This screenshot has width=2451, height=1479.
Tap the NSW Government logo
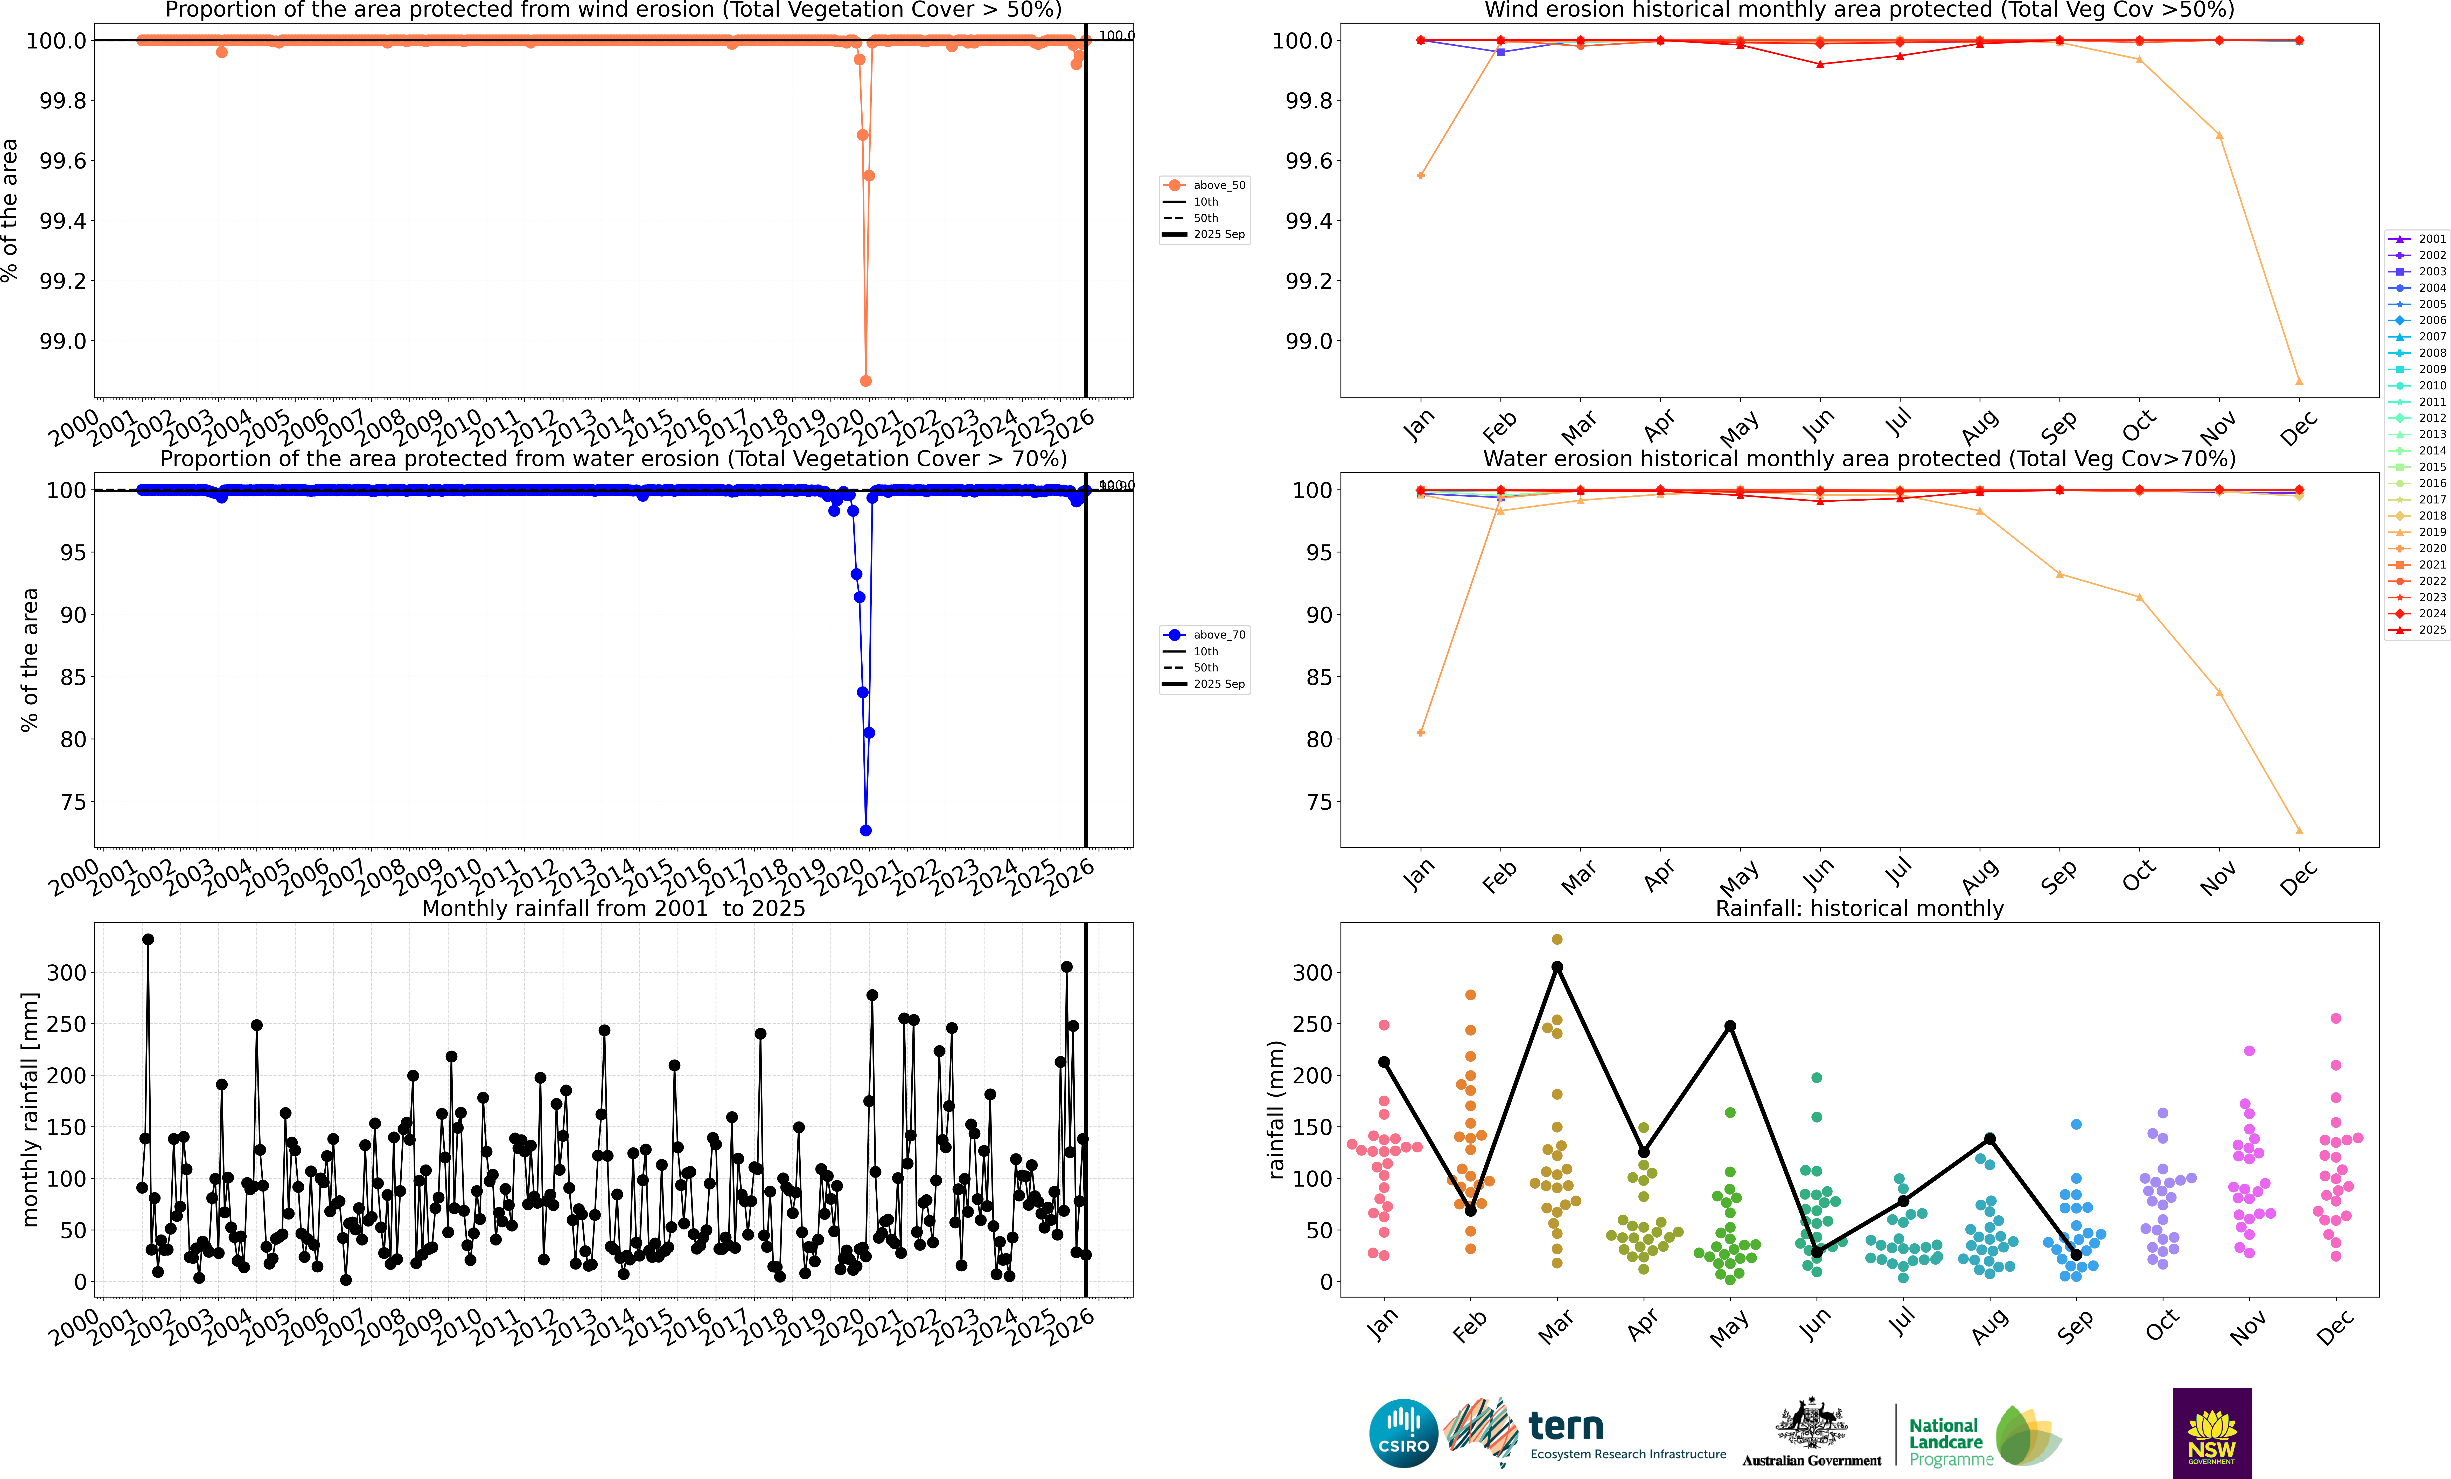pyautogui.click(x=2211, y=1432)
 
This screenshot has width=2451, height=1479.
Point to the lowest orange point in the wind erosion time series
pyautogui.click(x=865, y=381)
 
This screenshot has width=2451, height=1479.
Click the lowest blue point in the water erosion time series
pyautogui.click(x=865, y=831)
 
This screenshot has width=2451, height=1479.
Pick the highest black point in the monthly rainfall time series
pyautogui.click(x=148, y=939)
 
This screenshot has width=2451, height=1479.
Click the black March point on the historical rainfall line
pyautogui.click(x=1557, y=967)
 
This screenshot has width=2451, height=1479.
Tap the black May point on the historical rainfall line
pyautogui.click(x=1730, y=1026)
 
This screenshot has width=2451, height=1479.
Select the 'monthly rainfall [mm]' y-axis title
pyautogui.click(x=30, y=1109)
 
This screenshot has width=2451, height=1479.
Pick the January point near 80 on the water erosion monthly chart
pyautogui.click(x=1420, y=733)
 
